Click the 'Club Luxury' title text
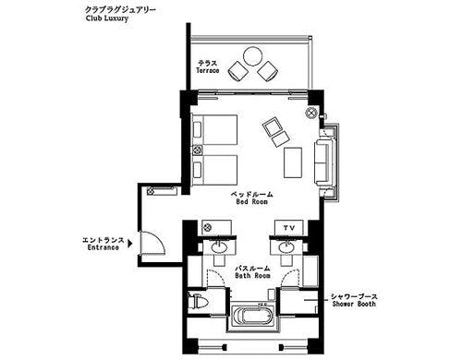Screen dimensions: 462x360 click(x=107, y=18)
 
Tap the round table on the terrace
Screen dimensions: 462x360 click(x=252, y=56)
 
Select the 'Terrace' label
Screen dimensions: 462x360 click(x=208, y=71)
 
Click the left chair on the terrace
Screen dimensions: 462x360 click(x=238, y=71)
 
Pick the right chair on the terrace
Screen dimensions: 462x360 click(x=268, y=71)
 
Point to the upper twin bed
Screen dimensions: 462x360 click(x=214, y=129)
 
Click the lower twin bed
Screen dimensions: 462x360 click(x=214, y=170)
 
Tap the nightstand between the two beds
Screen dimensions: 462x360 click(x=197, y=150)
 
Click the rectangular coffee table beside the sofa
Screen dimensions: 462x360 click(x=293, y=162)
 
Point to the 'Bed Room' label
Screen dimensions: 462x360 click(x=252, y=202)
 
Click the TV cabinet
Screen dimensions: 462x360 click(x=289, y=228)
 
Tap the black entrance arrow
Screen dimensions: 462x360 click(x=130, y=244)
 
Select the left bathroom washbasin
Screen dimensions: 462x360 click(x=219, y=246)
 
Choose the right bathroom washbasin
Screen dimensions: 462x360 click(x=286, y=246)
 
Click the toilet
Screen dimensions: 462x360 click(x=197, y=301)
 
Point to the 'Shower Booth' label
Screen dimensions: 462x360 click(x=354, y=304)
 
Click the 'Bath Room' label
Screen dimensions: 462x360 click(x=252, y=276)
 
